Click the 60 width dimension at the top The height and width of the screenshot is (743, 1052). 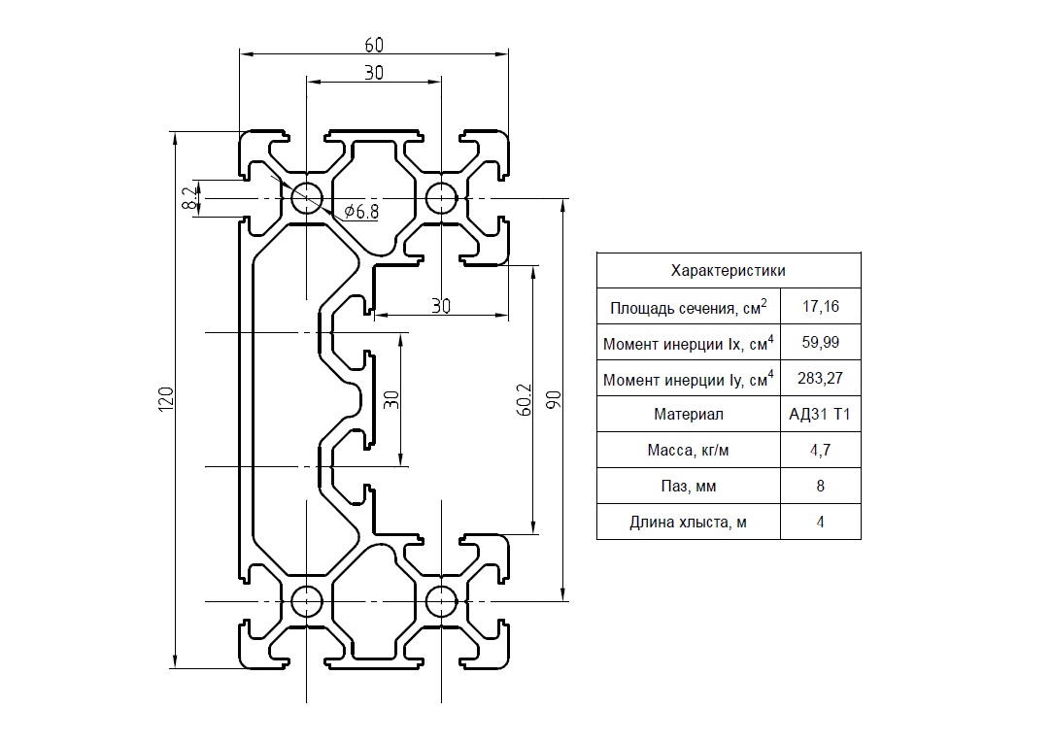click(x=374, y=45)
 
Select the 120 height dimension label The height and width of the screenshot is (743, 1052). click(x=166, y=399)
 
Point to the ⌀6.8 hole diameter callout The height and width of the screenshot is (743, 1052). click(x=361, y=212)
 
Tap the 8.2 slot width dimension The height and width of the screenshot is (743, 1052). click(x=190, y=198)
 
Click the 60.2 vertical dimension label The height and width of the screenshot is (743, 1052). click(x=525, y=399)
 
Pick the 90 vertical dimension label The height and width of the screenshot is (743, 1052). click(x=554, y=399)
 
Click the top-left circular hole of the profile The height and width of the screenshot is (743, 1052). click(x=307, y=198)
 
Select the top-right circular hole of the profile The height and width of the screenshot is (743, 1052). click(x=441, y=198)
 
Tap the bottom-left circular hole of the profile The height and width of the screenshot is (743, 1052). click(x=307, y=601)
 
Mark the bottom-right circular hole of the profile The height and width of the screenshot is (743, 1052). click(x=441, y=601)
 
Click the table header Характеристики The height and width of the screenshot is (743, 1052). click(x=728, y=271)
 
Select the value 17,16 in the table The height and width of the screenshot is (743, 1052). click(x=821, y=307)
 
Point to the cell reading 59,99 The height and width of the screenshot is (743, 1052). click(x=821, y=343)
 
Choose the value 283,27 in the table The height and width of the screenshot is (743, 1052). click(x=820, y=378)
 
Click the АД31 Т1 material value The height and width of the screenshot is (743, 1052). click(x=820, y=415)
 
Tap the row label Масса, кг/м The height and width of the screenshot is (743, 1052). click(x=688, y=451)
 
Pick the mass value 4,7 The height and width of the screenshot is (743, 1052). click(x=820, y=450)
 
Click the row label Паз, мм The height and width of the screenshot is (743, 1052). click(x=689, y=487)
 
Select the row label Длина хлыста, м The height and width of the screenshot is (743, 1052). click(x=688, y=523)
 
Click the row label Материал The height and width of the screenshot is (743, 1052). click(x=689, y=415)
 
